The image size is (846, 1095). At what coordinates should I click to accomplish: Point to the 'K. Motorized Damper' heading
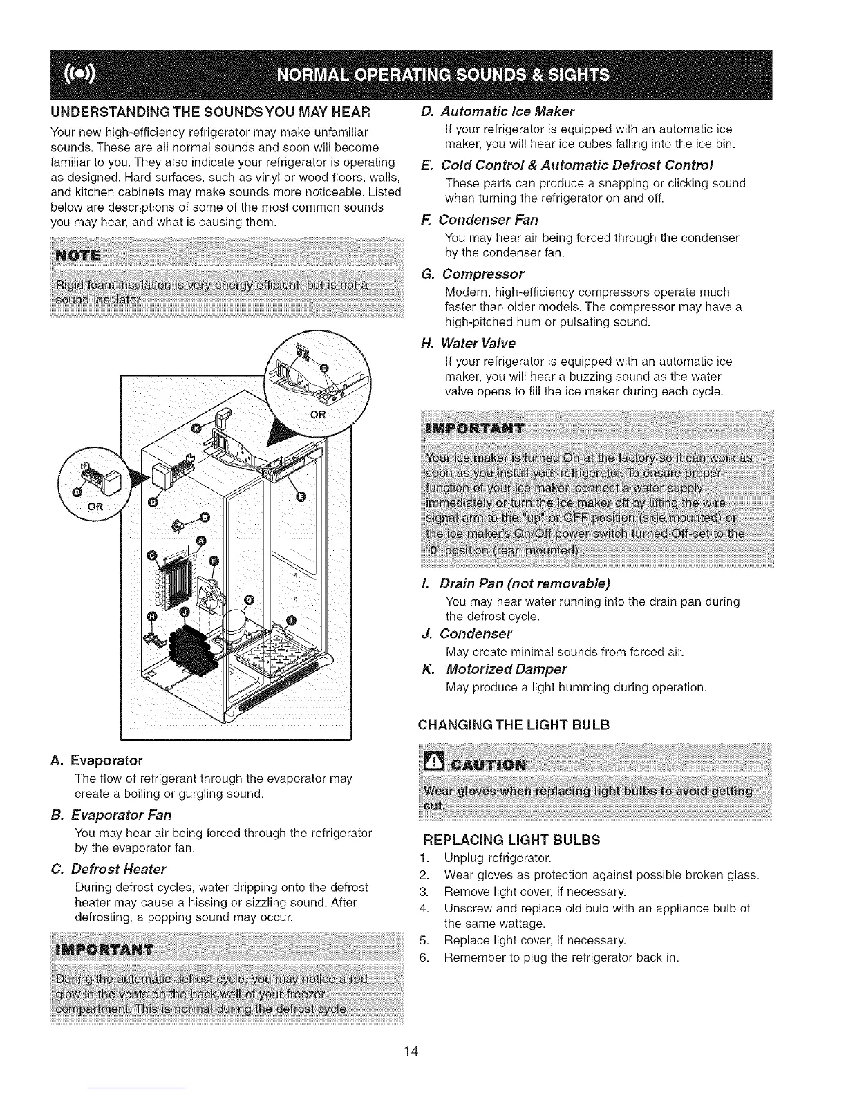pyautogui.click(x=496, y=669)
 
